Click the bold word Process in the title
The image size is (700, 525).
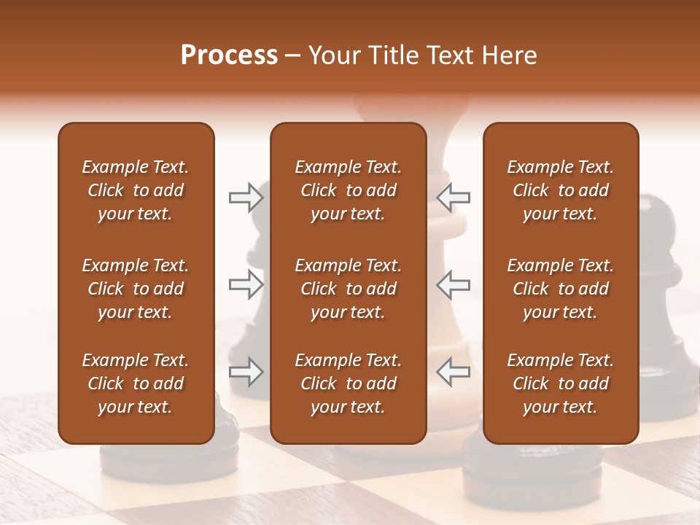(x=229, y=55)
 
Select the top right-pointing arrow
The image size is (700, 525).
(x=246, y=197)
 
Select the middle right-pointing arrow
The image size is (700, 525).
(x=246, y=284)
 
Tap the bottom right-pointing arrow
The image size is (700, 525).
(x=246, y=372)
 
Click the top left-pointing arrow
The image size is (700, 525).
(x=453, y=197)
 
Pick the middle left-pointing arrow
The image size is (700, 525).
(x=453, y=284)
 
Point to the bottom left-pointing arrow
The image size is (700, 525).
(x=453, y=372)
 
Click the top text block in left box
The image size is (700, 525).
(x=136, y=190)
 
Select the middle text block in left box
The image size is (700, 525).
(x=136, y=289)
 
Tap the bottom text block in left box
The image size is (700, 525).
(x=136, y=384)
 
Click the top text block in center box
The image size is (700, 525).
(x=348, y=190)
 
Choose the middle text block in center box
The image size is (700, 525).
(x=348, y=289)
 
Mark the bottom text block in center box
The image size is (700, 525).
(x=348, y=384)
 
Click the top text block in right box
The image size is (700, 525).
(x=560, y=190)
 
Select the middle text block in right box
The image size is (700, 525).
(x=560, y=289)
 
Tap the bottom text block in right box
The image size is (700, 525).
(x=560, y=384)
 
